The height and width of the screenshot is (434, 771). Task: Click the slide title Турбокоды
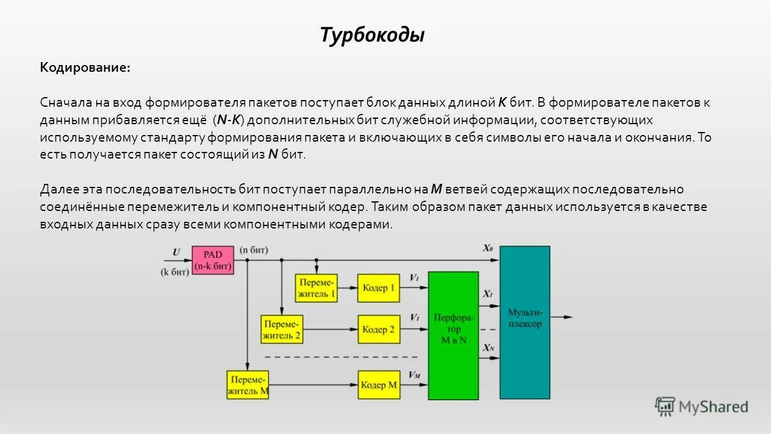click(372, 35)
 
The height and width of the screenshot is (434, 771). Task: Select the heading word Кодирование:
click(85, 68)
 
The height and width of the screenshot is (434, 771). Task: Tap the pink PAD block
click(213, 260)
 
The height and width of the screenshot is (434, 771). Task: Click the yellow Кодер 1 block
click(378, 288)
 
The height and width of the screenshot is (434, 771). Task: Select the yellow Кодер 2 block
click(378, 330)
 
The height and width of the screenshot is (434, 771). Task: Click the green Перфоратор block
click(454, 335)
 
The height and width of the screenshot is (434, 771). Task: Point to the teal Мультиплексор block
click(525, 322)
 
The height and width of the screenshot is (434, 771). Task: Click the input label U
click(176, 252)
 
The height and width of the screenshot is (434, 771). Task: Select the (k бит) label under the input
click(175, 272)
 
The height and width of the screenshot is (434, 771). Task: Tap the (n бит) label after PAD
click(254, 250)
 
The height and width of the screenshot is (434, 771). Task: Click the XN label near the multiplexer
click(488, 348)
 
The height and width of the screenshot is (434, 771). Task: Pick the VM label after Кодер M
click(414, 375)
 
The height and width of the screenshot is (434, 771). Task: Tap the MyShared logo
click(702, 407)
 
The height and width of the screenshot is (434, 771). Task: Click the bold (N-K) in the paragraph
click(229, 120)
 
